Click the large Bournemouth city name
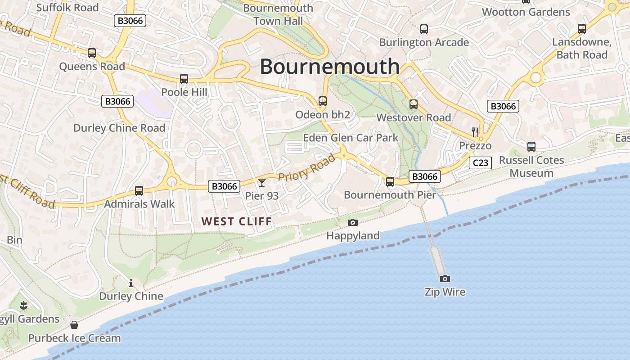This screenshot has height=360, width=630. (329, 67)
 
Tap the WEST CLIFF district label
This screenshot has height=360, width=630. (237, 221)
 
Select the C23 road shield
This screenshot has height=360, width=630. (481, 163)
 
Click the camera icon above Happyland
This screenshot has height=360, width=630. (353, 222)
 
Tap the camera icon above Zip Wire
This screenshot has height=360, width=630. (445, 279)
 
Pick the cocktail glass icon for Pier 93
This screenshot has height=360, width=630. (261, 182)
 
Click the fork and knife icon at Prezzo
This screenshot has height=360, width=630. (475, 132)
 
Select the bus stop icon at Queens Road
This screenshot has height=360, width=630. (92, 53)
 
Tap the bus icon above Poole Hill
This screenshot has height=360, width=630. (184, 79)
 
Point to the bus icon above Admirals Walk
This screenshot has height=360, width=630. (139, 191)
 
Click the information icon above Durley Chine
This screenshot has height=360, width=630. (131, 283)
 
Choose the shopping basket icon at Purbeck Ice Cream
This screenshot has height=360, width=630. (74, 325)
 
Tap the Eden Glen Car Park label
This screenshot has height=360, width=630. (351, 138)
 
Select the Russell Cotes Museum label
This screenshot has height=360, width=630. (531, 166)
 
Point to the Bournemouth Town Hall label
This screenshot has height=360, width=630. (278, 14)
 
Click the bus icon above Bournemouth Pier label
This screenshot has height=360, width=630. (390, 182)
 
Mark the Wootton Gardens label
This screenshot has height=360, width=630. (526, 12)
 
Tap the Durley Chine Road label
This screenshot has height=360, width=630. (119, 128)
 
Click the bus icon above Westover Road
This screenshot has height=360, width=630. (413, 104)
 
